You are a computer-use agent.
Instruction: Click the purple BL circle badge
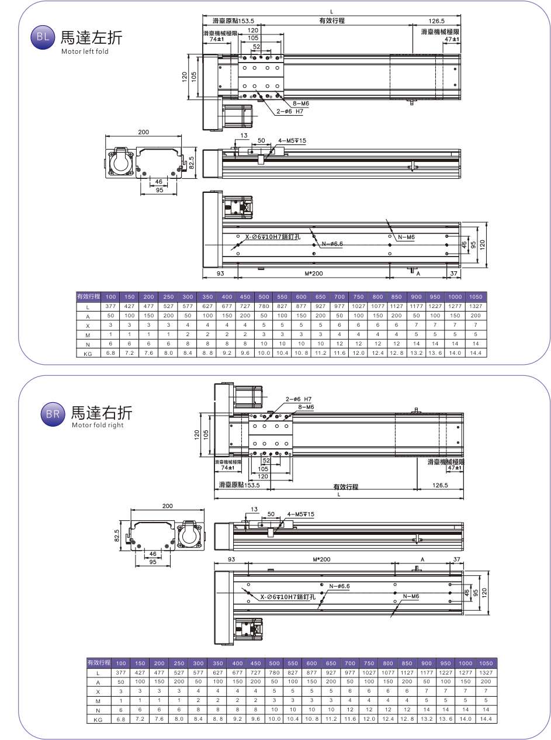click(x=41, y=37)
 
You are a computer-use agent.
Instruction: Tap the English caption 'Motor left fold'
click(x=85, y=51)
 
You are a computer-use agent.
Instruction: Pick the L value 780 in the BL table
click(x=264, y=306)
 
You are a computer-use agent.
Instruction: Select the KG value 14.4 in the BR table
click(x=486, y=720)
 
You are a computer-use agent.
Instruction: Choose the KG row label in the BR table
click(x=98, y=720)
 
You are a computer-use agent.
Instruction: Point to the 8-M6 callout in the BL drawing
click(x=300, y=103)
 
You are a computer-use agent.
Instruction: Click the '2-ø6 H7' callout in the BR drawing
click(x=299, y=399)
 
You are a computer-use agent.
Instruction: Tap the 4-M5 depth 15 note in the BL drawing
click(x=292, y=140)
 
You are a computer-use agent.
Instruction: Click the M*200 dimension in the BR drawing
click(x=321, y=559)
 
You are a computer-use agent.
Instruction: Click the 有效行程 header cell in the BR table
click(x=98, y=663)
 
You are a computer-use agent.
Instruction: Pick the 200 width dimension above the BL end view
click(x=144, y=132)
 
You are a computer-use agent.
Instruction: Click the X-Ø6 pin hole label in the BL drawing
click(x=272, y=237)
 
